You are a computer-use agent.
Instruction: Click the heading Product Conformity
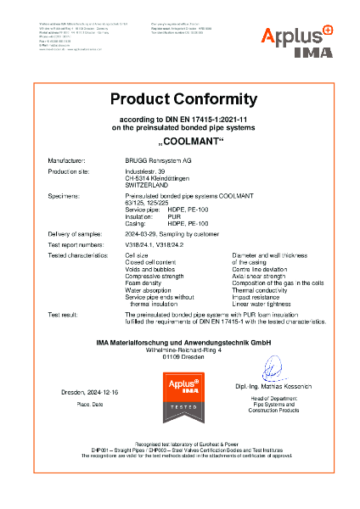click(180, 98)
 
